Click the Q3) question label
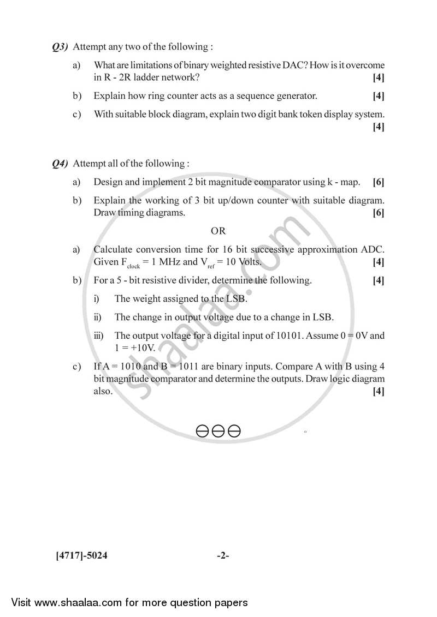pyautogui.click(x=60, y=47)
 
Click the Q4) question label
pyautogui.click(x=60, y=164)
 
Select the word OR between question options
pyautogui.click(x=218, y=231)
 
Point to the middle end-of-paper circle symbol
pyautogui.click(x=218, y=432)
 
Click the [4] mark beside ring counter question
pyautogui.click(x=378, y=96)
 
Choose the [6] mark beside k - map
pyautogui.click(x=378, y=182)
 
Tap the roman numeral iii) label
pyautogui.click(x=99, y=336)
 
